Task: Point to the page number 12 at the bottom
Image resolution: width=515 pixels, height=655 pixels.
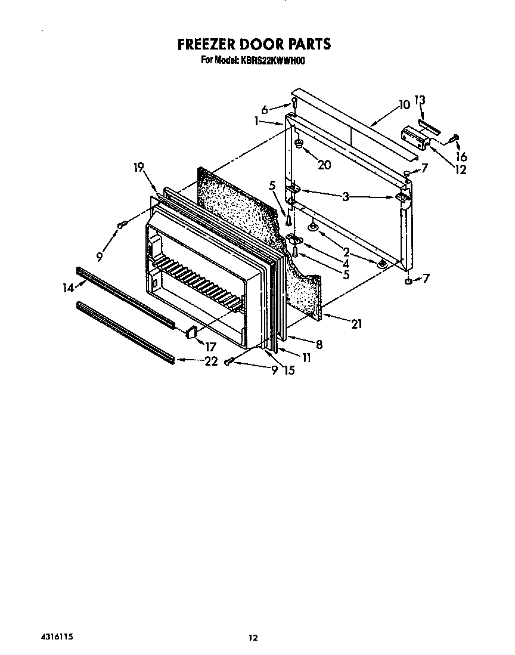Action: click(253, 638)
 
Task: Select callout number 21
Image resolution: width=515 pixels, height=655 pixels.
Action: click(357, 325)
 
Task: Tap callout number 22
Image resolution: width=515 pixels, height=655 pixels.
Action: click(211, 361)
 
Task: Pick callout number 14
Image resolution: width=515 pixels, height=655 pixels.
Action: click(68, 288)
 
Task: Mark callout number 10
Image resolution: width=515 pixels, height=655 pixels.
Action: click(405, 105)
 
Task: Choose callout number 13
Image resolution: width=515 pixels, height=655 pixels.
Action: click(420, 100)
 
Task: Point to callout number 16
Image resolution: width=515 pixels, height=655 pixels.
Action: click(461, 157)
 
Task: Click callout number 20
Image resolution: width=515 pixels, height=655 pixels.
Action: click(324, 165)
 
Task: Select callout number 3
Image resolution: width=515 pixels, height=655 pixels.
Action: click(346, 196)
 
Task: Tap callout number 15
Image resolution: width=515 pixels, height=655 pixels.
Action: click(289, 370)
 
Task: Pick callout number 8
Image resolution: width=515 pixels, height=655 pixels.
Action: click(319, 344)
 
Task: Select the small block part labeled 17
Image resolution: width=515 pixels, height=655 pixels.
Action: click(191, 331)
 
